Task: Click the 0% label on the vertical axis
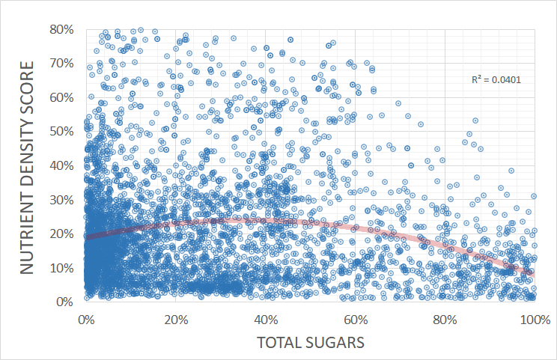coord(65,302)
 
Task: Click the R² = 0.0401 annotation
coord(496,79)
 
